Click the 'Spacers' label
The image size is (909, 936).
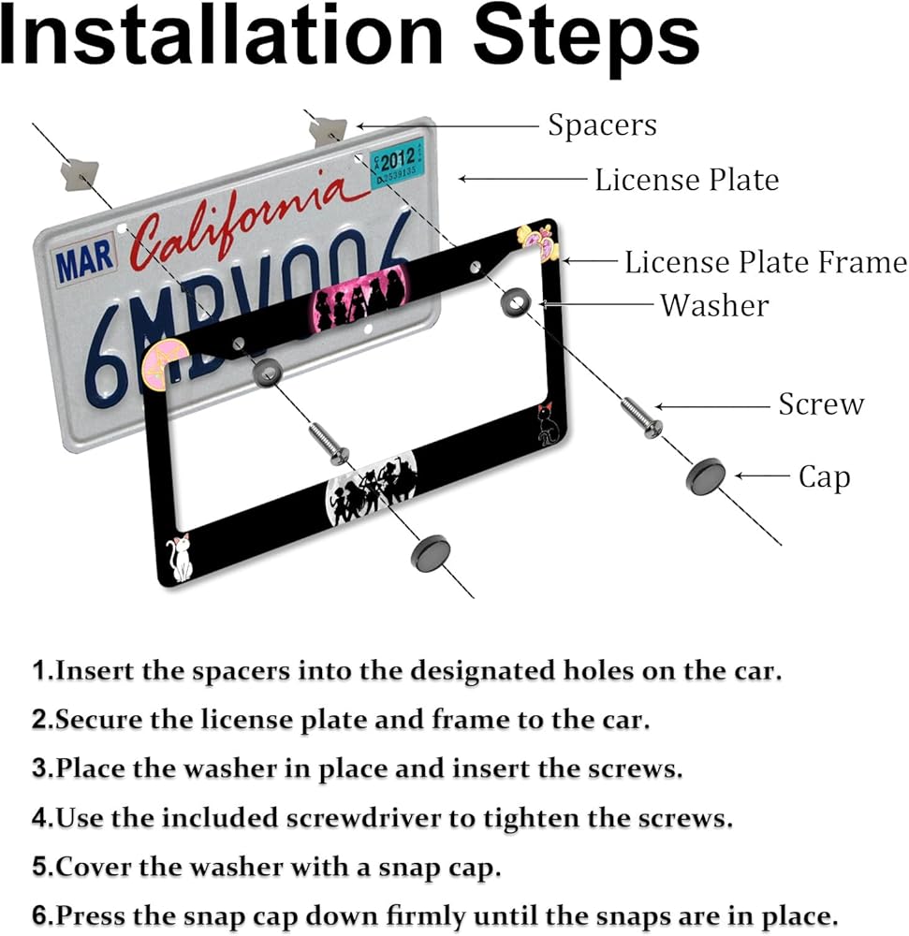602,126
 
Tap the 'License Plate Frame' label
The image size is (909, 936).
766,263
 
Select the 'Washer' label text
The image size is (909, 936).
714,306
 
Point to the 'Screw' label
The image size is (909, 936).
821,404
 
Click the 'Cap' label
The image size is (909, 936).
824,477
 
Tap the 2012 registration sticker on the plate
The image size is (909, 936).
397,162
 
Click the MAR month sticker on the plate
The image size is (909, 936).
84,259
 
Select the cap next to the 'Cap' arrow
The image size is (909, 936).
706,477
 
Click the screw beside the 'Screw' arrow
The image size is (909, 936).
641,417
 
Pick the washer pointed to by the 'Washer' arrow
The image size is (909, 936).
516,302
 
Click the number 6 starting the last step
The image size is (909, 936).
38,915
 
